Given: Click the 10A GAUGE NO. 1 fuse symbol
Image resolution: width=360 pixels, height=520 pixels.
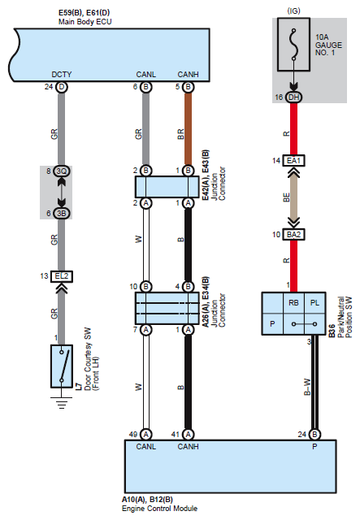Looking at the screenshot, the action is click(293, 45).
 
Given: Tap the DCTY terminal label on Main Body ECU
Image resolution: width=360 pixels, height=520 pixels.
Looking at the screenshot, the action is click(62, 74).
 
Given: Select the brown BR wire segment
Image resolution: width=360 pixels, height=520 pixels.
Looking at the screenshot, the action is click(189, 129).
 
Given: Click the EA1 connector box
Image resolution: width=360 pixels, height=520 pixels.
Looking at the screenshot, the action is click(293, 161).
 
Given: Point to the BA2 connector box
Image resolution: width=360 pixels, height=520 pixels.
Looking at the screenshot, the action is click(293, 235).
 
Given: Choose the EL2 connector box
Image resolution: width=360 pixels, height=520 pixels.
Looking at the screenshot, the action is click(62, 276).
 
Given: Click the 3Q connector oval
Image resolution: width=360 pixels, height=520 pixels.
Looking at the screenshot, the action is click(62, 171).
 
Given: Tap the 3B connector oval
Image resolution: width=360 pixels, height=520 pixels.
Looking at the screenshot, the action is click(62, 213).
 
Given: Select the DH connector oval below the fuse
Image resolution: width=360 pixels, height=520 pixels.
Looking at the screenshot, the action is click(293, 97).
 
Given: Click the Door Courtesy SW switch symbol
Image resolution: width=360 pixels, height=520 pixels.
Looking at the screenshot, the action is click(62, 366).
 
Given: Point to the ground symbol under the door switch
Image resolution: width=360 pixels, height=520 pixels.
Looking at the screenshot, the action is click(62, 402).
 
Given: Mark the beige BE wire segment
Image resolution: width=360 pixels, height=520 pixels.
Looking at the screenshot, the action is click(293, 197).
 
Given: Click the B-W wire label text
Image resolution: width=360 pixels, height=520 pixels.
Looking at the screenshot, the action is click(307, 387).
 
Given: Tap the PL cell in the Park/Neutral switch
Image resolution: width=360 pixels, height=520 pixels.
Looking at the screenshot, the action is click(314, 303).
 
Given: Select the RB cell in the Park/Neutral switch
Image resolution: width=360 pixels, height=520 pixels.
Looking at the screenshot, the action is click(293, 303).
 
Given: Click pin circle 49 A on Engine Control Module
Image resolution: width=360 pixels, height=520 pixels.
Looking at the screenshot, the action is click(146, 435).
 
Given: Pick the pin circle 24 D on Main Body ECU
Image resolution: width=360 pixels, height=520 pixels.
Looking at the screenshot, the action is click(62, 87).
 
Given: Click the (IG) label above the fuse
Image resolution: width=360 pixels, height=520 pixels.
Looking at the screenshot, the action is click(293, 11).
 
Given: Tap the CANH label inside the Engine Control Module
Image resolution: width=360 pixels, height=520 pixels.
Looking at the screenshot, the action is click(189, 447).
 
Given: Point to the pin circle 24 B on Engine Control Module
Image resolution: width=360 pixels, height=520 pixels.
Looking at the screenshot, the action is click(314, 435).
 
